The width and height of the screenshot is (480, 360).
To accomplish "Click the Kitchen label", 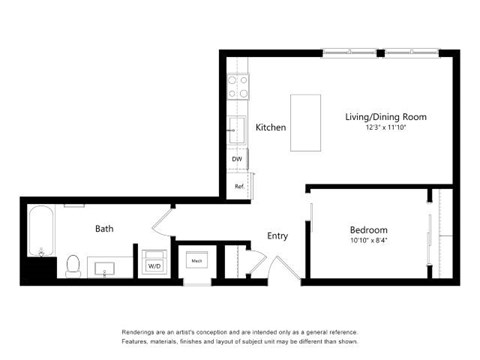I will (271, 128).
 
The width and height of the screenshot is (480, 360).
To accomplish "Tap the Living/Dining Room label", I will (379, 116).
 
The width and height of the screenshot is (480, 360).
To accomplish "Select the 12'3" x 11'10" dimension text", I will (379, 128).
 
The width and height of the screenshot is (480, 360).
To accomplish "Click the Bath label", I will (104, 229).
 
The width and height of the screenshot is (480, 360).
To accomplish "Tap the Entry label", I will (278, 236).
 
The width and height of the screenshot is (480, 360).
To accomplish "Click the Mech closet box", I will (196, 262).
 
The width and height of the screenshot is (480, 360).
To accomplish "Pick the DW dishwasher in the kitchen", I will (237, 159).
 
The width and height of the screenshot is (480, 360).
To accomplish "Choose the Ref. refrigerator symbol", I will (239, 186).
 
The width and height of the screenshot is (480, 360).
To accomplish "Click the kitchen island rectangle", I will (306, 123).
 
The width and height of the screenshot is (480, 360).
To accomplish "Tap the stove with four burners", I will (238, 88).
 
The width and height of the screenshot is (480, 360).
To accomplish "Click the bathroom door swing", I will (164, 221).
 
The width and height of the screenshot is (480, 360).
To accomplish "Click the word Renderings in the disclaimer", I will (141, 331).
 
